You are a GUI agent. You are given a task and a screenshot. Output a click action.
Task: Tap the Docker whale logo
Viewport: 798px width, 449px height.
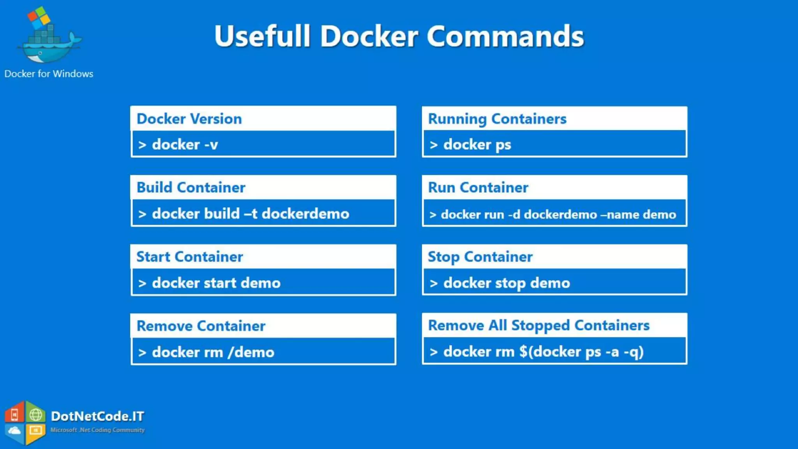pyautogui.click(x=49, y=39)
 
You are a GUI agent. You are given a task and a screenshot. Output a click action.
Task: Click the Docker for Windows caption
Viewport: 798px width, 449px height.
pyautogui.click(x=49, y=74)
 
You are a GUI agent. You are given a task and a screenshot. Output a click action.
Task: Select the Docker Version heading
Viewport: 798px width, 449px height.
pyautogui.click(x=189, y=119)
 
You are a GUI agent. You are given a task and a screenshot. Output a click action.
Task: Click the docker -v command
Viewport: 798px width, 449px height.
pyautogui.click(x=185, y=145)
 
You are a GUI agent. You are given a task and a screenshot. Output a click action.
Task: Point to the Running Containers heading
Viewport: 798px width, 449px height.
pyautogui.click(x=497, y=119)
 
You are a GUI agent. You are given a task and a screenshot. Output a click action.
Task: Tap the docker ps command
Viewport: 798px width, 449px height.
pyautogui.click(x=477, y=145)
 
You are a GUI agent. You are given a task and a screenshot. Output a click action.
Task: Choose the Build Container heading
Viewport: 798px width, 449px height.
pyautogui.click(x=191, y=187)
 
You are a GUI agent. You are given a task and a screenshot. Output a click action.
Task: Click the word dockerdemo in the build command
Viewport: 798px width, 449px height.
pyautogui.click(x=305, y=214)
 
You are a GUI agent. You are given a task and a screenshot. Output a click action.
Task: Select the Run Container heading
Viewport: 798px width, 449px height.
pyautogui.click(x=478, y=187)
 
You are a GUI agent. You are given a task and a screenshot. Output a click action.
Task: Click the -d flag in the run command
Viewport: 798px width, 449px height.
pyautogui.click(x=514, y=214)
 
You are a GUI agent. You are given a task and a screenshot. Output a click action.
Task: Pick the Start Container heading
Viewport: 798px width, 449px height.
pyautogui.click(x=190, y=257)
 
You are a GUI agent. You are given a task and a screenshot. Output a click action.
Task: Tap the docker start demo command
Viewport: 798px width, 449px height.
pyautogui.click(x=216, y=283)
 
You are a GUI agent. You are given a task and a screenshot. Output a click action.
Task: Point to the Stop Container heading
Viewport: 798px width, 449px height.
pyautogui.click(x=480, y=257)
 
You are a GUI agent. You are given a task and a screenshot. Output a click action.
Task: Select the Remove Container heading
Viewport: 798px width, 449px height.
pyautogui.click(x=201, y=326)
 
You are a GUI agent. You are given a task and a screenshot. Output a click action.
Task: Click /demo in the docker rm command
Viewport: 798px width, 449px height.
pyautogui.click(x=251, y=352)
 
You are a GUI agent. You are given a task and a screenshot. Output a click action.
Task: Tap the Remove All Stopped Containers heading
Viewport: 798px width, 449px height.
pyautogui.click(x=538, y=325)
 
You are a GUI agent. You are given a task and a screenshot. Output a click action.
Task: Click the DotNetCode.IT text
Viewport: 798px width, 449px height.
pyautogui.click(x=97, y=416)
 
